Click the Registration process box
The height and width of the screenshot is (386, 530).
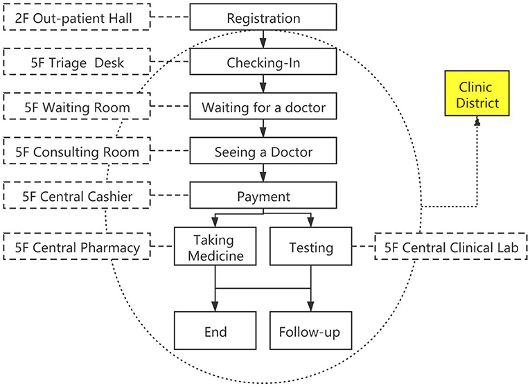(x=263, y=17)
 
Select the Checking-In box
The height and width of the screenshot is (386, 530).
(x=263, y=62)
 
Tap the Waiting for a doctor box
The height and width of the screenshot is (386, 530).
(x=263, y=106)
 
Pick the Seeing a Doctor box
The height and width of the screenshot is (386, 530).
(x=263, y=151)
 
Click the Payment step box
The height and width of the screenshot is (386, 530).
(x=263, y=195)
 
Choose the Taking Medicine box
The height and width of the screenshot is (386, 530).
(x=215, y=246)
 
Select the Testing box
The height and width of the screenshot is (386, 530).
(x=310, y=246)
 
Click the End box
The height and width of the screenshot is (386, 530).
(x=215, y=331)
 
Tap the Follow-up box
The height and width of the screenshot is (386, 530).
(x=310, y=331)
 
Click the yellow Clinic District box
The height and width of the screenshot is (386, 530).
(x=477, y=94)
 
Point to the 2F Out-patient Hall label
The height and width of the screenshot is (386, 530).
(x=77, y=17)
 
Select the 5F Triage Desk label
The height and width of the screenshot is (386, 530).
(x=77, y=62)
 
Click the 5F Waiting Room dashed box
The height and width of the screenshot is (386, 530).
(x=77, y=106)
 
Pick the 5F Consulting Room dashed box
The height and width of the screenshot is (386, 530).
(x=77, y=151)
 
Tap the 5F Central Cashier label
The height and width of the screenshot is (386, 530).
(x=77, y=195)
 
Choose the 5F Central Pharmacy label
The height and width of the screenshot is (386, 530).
(x=77, y=247)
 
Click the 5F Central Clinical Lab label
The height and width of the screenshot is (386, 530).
(x=451, y=247)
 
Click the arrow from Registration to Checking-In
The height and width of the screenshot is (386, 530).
(x=263, y=40)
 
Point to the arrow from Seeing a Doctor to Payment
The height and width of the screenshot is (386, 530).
(x=263, y=173)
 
